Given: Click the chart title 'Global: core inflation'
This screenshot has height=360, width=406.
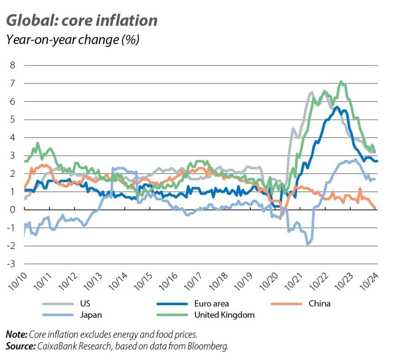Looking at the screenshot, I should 82,20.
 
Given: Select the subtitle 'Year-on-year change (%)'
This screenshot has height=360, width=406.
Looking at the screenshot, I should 72,40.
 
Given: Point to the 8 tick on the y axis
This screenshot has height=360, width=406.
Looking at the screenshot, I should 13,65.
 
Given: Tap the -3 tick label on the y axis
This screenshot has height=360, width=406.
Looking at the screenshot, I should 11,264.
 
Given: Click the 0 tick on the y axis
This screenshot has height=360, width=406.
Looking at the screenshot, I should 13,209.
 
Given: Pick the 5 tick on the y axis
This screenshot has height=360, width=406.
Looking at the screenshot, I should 13,119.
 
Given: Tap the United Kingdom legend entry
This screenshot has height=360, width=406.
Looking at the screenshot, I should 224,315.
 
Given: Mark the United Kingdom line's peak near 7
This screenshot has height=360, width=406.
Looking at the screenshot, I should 341,82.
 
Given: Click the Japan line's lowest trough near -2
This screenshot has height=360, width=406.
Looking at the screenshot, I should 308,244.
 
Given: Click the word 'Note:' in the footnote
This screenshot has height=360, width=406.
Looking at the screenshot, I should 16,335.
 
